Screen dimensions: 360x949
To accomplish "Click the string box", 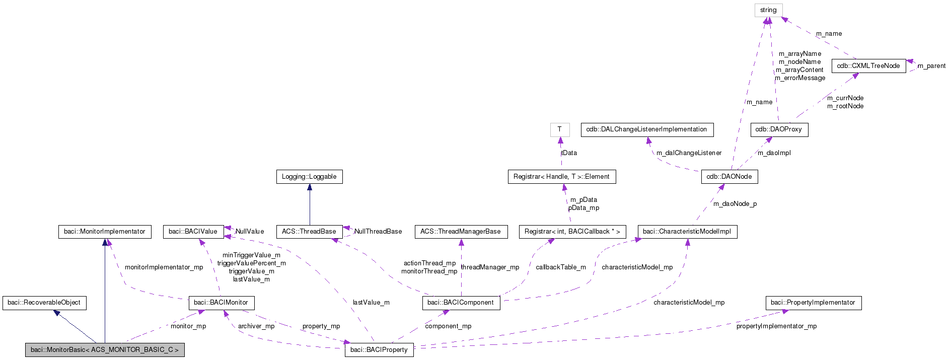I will [x=768, y=10].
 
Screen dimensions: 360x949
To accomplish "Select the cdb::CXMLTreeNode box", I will [x=868, y=66].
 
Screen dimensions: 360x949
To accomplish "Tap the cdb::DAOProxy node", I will [x=779, y=129].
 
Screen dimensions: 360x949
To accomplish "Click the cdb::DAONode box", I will [x=729, y=177].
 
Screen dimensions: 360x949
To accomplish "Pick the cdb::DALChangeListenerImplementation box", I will [x=647, y=129].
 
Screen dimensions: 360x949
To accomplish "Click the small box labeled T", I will [x=560, y=129].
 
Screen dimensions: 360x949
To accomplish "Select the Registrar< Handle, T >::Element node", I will [x=561, y=177].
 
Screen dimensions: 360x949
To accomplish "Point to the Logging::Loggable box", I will [x=309, y=177].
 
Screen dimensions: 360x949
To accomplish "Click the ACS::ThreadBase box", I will [x=309, y=232].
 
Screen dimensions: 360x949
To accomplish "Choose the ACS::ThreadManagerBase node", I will [x=461, y=232].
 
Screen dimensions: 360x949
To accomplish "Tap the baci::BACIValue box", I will [x=193, y=232].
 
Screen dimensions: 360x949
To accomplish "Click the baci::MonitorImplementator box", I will [x=105, y=232].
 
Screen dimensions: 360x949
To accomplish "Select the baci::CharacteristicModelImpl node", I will [x=687, y=232].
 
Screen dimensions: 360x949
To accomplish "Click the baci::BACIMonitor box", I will [x=221, y=303].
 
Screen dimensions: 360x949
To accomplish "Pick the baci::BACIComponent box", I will [x=461, y=303].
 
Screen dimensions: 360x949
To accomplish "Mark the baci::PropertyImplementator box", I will [x=813, y=303].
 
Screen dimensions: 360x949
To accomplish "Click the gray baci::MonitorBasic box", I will [x=105, y=350].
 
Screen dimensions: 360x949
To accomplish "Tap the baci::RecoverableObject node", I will [x=44, y=303].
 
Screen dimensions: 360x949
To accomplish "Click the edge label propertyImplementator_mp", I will [x=776, y=326].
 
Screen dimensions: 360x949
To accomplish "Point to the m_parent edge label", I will [x=931, y=66].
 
